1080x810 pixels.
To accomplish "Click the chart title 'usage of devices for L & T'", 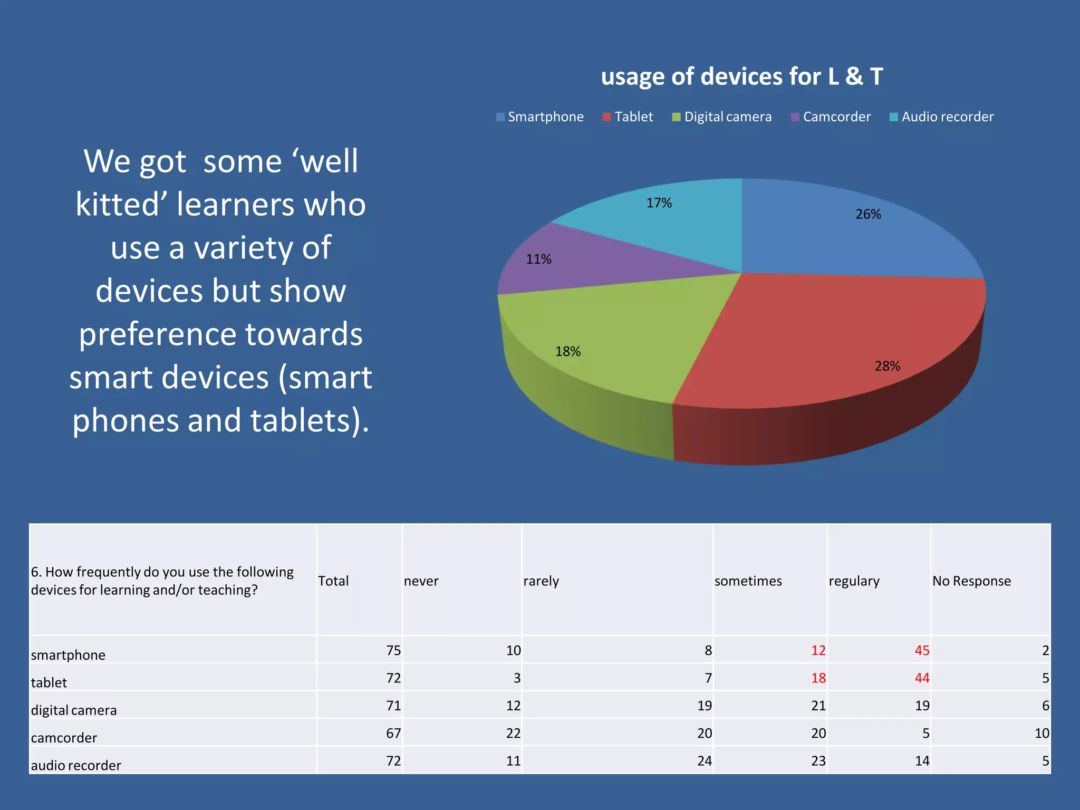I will [741, 77].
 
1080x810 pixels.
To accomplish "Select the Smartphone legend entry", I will [540, 117].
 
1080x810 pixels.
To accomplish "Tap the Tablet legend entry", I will [628, 117].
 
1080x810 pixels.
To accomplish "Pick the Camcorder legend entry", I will [831, 117].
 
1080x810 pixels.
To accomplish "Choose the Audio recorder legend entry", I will [941, 117].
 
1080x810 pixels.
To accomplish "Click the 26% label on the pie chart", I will [868, 215].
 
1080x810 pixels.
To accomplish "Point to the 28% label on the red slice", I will [887, 367].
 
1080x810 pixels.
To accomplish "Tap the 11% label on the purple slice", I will [538, 259].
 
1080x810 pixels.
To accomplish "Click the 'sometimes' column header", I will [748, 581].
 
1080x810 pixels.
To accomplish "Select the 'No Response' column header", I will [971, 581].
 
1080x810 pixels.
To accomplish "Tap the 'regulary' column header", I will [854, 581].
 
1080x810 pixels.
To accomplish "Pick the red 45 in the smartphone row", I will [921, 651].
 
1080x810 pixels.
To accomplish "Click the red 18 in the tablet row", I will [818, 678].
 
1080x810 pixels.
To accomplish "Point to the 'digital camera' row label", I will [74, 710].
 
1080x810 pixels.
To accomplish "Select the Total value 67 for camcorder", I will [393, 734].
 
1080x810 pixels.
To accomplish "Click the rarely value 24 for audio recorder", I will [704, 761].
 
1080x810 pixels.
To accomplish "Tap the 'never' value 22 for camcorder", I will [513, 734].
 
